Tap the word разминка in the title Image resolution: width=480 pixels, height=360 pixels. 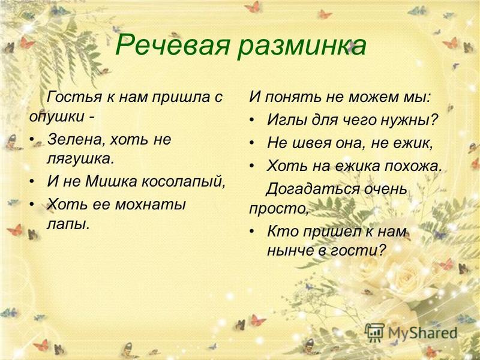(x=302, y=47)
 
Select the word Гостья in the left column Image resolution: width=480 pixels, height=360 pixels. (x=74, y=97)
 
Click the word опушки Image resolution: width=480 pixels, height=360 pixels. (x=57, y=117)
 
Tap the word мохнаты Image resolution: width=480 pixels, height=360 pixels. (x=151, y=204)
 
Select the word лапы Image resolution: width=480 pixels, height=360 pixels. (x=68, y=225)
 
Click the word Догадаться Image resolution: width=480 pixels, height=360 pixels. (x=312, y=190)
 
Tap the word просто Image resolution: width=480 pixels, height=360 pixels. (x=278, y=209)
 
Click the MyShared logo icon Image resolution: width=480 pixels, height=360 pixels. (x=374, y=332)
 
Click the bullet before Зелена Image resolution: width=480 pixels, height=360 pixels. (x=32, y=140)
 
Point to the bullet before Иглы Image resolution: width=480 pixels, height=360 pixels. (x=251, y=119)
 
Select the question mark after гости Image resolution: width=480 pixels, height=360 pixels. (x=380, y=250)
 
